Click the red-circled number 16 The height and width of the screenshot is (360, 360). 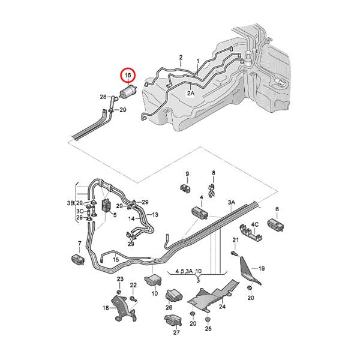[128, 76]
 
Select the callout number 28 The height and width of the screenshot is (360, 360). [103, 97]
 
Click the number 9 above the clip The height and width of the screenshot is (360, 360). [187, 175]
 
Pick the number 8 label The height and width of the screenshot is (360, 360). [212, 175]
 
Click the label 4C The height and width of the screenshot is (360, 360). [254, 224]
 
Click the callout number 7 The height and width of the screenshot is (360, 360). [79, 243]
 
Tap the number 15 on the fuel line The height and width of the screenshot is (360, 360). [115, 259]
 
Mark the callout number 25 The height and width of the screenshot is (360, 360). [208, 329]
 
